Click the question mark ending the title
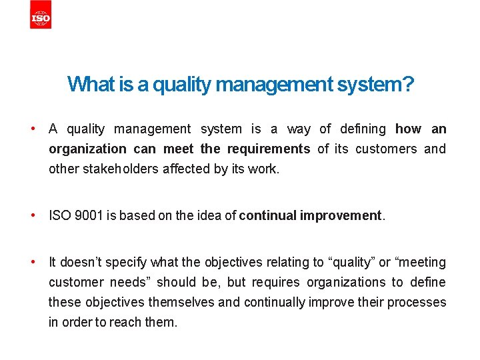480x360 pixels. pyautogui.click(x=408, y=85)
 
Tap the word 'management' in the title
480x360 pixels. pyautogui.click(x=273, y=85)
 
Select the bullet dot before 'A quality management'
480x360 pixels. pyautogui.click(x=31, y=128)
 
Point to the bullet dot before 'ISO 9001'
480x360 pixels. pyautogui.click(x=31, y=215)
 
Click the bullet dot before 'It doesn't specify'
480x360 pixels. pyautogui.click(x=31, y=261)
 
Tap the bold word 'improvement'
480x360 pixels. pyautogui.click(x=340, y=215)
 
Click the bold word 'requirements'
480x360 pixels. pyautogui.click(x=269, y=149)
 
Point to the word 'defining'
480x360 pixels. pyautogui.click(x=363, y=129)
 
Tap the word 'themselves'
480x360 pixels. pyautogui.click(x=185, y=302)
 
